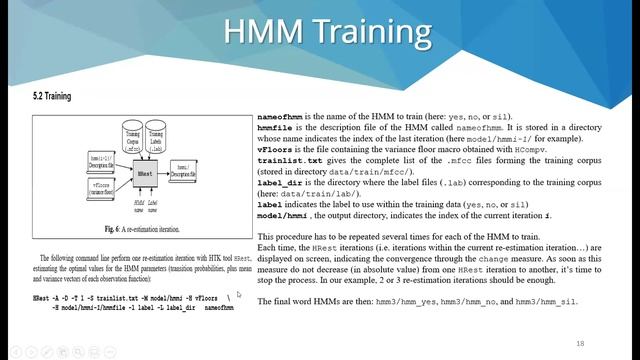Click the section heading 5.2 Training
coord(52,97)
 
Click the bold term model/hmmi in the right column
coord(281,213)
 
